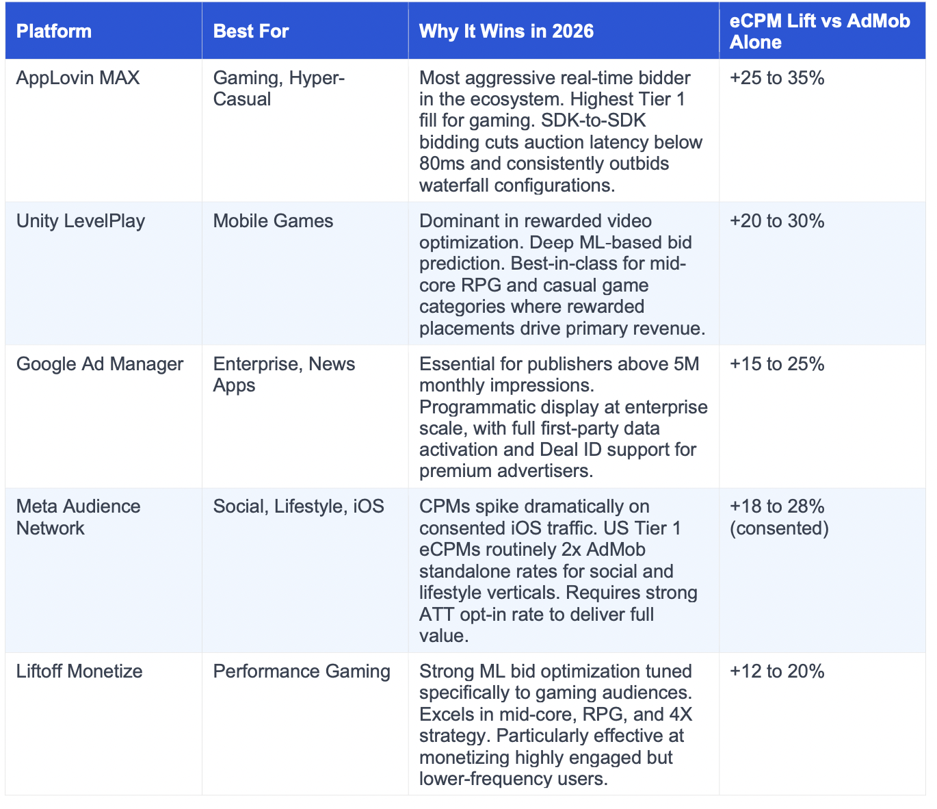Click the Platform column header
tap(54, 31)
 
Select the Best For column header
tap(251, 31)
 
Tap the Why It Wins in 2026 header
tap(506, 31)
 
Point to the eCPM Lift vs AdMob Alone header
tap(819, 31)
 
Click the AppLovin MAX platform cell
tap(78, 78)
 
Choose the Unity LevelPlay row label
tap(81, 221)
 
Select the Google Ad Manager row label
tap(100, 364)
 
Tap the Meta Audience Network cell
tap(78, 517)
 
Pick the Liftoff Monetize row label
tap(79, 671)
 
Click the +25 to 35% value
tap(777, 78)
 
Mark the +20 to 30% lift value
tap(777, 221)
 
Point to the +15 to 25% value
tap(777, 364)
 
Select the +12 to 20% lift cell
tap(777, 671)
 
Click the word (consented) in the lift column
tap(779, 528)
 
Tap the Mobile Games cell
tap(273, 221)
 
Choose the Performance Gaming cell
tap(302, 671)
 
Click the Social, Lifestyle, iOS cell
tap(298, 506)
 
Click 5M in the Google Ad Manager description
tap(686, 364)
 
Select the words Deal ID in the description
tap(570, 450)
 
